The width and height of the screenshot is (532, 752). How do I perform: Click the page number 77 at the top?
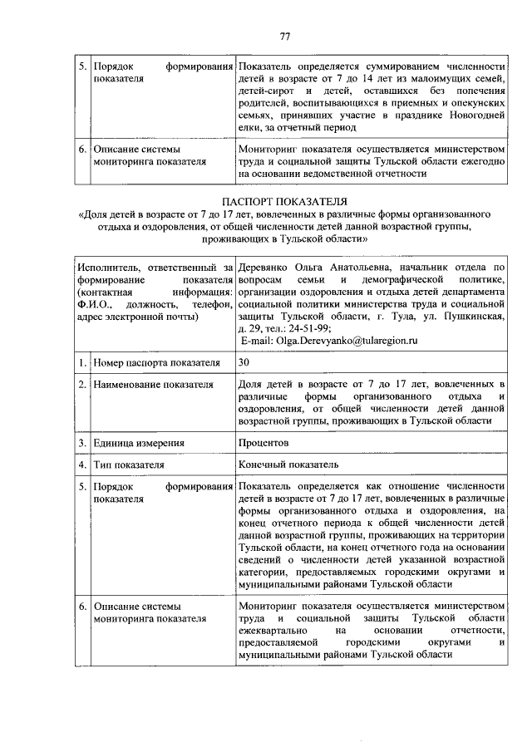284,37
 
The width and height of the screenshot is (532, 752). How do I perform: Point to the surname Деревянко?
264,268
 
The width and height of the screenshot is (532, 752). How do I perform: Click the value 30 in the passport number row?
244,363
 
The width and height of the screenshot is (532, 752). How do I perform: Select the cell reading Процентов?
263,444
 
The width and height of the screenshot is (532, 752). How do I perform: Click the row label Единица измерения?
138,444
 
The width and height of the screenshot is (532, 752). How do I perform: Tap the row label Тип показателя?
129,464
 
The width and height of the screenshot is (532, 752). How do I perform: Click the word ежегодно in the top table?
483,162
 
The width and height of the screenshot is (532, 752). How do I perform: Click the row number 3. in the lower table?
82,444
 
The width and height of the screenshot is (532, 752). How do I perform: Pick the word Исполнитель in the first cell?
105,268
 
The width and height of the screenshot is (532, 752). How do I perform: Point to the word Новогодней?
475,115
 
